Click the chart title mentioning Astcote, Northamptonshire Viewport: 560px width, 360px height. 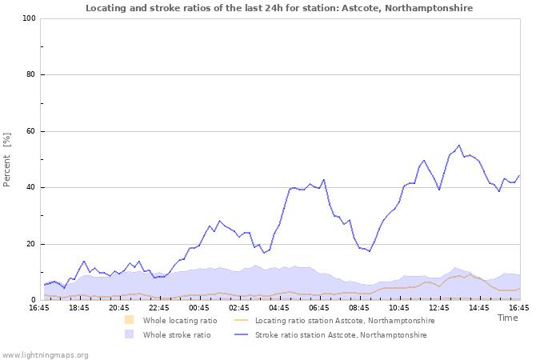coord(279,8)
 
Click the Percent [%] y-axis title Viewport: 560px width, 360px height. coord(7,159)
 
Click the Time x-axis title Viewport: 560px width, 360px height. coord(507,318)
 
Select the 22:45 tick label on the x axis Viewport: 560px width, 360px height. coord(159,307)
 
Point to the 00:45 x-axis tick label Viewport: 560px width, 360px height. coord(199,307)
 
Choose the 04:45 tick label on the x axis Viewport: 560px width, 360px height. coord(279,307)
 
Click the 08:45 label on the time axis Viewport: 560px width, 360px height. coord(359,307)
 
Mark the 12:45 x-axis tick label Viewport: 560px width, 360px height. coord(439,307)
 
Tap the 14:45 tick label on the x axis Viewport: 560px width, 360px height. coord(479,307)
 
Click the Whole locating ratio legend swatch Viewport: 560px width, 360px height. coord(129,320)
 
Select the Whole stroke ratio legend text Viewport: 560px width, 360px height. coord(177,335)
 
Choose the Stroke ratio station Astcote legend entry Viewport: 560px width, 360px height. coord(341,335)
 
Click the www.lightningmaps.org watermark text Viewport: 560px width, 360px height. coord(46,354)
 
